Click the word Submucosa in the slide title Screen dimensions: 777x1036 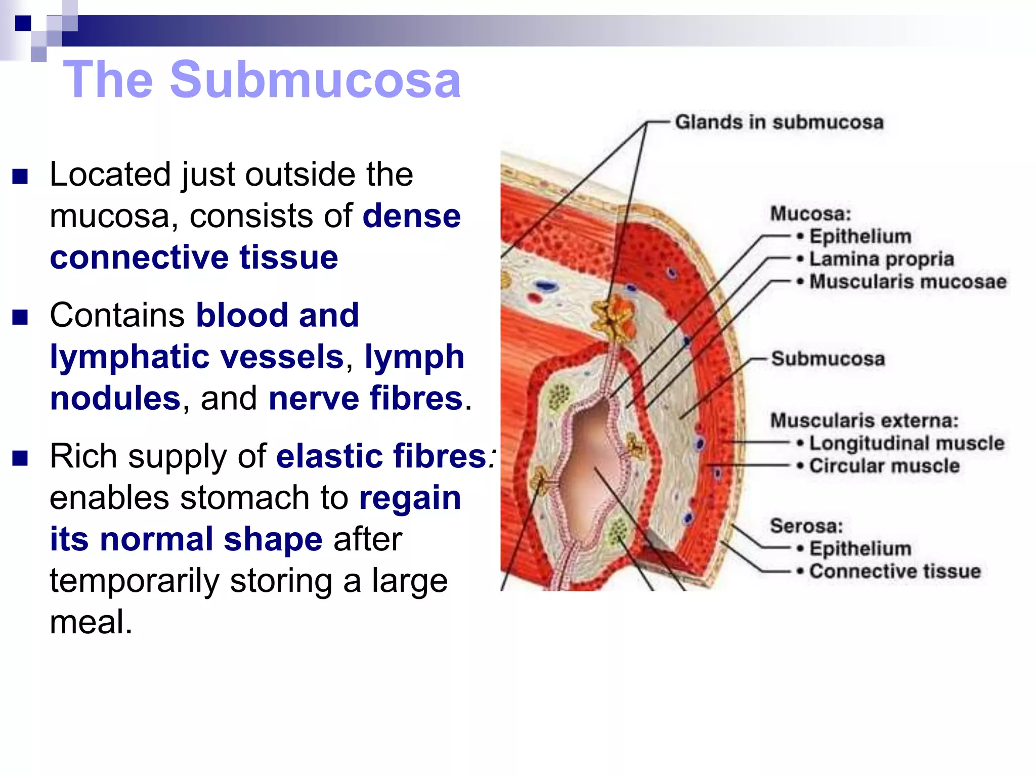click(315, 79)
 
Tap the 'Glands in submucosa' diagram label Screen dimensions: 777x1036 click(779, 122)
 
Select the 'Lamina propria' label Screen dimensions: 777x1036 click(881, 259)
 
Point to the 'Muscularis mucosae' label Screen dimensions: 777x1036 click(908, 282)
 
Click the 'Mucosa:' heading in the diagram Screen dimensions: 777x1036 click(810, 213)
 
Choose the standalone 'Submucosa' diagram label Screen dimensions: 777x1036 click(828, 359)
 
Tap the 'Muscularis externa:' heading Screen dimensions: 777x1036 click(864, 420)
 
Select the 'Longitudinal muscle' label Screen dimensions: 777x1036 click(906, 443)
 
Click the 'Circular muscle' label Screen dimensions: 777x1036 click(884, 466)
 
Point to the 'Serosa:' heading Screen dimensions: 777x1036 click(806, 526)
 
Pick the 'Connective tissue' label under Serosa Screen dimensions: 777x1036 click(894, 571)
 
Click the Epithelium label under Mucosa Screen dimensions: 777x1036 click(860, 236)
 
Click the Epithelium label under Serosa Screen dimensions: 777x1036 click(860, 548)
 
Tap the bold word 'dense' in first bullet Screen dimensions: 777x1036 click(411, 216)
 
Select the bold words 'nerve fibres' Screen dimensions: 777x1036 click(365, 398)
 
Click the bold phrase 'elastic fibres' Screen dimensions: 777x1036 click(381, 456)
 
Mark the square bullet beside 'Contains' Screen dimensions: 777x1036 click(20, 317)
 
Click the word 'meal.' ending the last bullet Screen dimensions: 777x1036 click(91, 622)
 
